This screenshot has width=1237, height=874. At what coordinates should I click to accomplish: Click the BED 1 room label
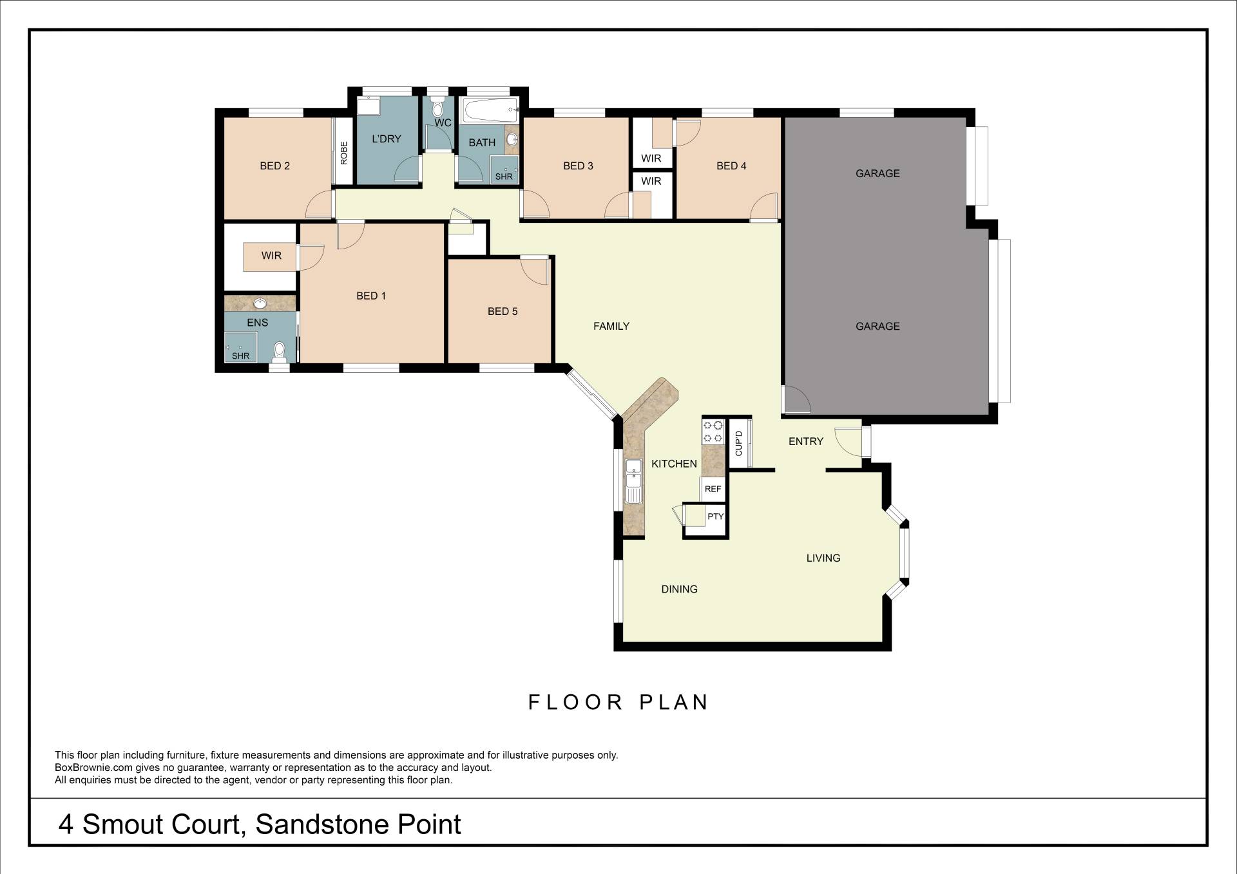[x=371, y=296]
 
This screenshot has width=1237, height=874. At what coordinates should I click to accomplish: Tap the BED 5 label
[x=503, y=311]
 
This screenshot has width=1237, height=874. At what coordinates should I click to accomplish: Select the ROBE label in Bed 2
[x=344, y=153]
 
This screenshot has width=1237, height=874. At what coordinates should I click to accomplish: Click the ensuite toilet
[x=279, y=350]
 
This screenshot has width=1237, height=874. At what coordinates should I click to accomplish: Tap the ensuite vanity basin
[x=260, y=303]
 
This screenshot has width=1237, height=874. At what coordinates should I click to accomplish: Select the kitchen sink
[x=634, y=481]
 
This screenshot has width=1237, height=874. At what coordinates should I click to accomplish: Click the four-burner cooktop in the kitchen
[x=713, y=432]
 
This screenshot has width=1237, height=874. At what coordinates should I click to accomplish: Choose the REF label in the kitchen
[x=713, y=489]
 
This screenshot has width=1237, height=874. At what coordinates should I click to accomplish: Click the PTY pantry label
[x=715, y=517]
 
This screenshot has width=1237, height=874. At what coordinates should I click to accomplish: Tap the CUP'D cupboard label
[x=739, y=443]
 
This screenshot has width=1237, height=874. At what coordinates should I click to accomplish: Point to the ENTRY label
[x=806, y=441]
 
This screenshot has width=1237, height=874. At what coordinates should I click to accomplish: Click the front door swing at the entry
[x=849, y=441]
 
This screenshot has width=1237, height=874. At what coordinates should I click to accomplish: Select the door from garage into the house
[x=796, y=399]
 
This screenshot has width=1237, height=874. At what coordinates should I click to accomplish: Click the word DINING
[x=680, y=589]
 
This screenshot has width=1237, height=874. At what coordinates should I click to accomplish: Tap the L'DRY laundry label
[x=387, y=138]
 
